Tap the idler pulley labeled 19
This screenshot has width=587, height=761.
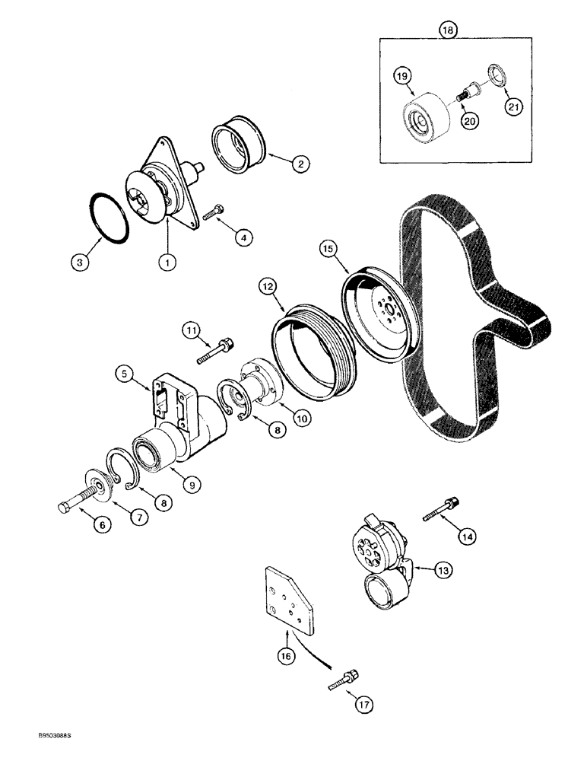tap(424, 116)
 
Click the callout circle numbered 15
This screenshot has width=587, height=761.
tap(328, 248)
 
